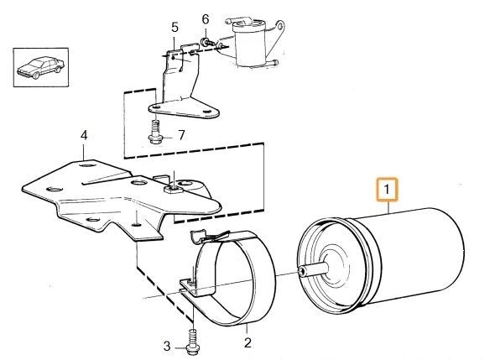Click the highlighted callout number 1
[387, 190]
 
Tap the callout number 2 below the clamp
[248, 343]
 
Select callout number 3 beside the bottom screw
[167, 347]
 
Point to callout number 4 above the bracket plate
[84, 136]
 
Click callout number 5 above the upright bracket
[175, 27]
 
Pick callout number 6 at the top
[206, 19]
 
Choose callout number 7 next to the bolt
[181, 135]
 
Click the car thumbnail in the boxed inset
[40, 67]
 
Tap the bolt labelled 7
[155, 133]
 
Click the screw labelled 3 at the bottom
[193, 342]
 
